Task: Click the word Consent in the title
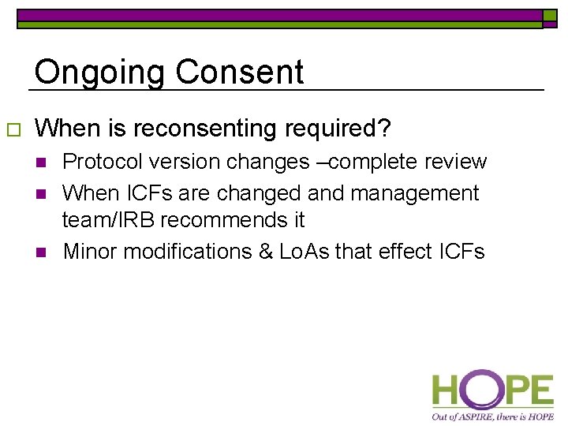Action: pos(239,73)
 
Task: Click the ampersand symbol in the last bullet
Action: pos(265,252)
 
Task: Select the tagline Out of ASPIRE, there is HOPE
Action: pos(492,416)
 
